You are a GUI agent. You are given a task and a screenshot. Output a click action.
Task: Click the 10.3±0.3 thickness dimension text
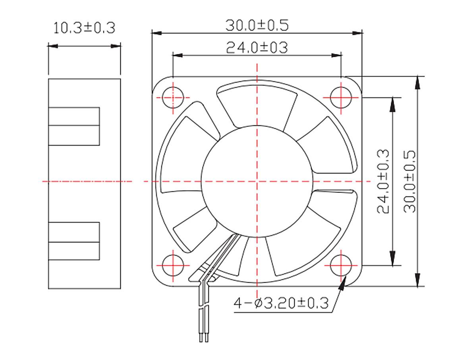point(84,28)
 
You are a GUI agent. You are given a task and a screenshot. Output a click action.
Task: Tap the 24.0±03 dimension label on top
point(257,48)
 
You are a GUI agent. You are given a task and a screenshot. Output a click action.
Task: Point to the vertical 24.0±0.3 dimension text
point(383,181)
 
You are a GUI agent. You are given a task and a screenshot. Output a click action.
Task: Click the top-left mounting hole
point(174,97)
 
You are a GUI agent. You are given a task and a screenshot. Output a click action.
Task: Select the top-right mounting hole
point(341,97)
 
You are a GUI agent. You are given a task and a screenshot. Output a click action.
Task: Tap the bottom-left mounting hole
point(174,265)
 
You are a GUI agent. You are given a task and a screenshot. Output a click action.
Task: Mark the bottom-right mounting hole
point(341,265)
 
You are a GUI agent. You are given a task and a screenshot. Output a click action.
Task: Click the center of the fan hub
point(257,181)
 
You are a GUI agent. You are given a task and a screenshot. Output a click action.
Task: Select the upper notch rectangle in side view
point(74,126)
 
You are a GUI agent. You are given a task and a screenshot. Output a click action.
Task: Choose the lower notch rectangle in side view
point(74,241)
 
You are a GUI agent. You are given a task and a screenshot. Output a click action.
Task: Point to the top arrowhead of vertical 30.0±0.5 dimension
point(417,82)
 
